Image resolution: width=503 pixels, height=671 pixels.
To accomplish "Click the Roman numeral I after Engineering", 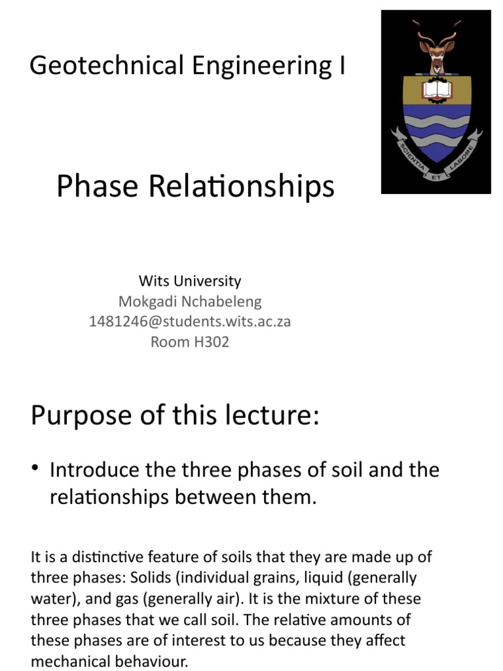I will pyautogui.click(x=342, y=66).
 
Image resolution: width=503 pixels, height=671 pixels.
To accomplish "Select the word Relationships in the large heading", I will pyautogui.click(x=238, y=187).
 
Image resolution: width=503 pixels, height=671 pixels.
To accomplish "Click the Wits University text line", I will pyautogui.click(x=190, y=281).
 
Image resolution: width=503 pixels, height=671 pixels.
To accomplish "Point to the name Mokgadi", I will pyautogui.click(x=147, y=301).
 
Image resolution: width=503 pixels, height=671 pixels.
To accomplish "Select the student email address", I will pyautogui.click(x=190, y=322).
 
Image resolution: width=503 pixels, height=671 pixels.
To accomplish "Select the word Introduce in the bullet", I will pyautogui.click(x=95, y=470).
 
